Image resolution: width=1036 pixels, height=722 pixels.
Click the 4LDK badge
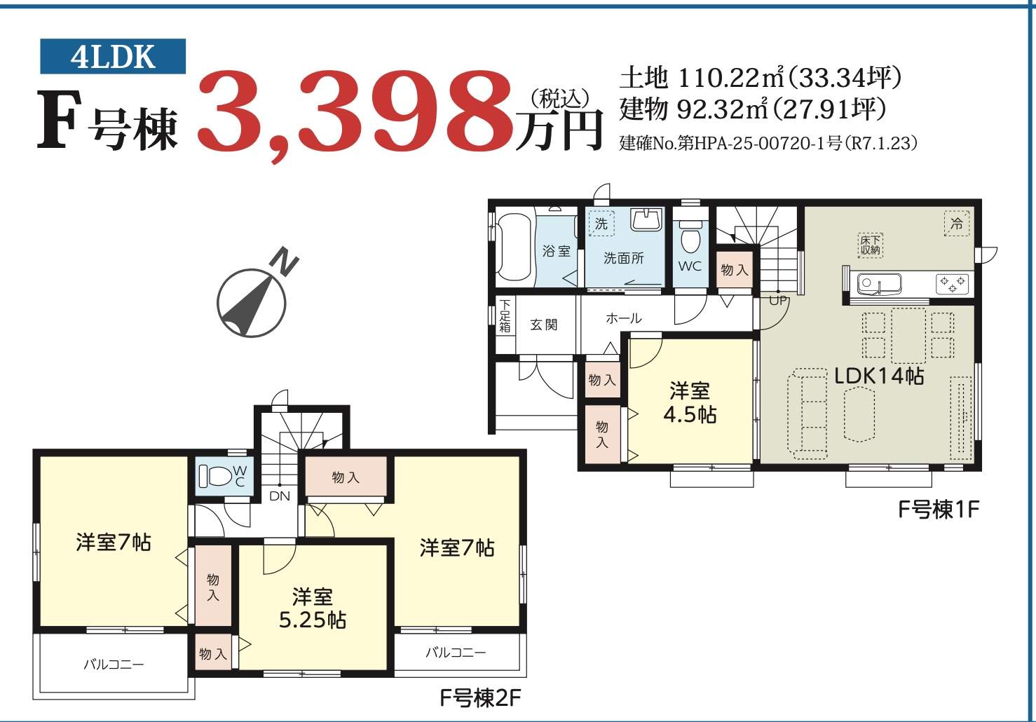[x=113, y=56]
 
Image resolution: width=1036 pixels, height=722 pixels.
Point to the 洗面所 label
[x=623, y=258]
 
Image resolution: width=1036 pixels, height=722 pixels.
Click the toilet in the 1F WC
[x=690, y=236]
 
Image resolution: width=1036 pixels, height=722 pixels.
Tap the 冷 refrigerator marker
[x=957, y=224]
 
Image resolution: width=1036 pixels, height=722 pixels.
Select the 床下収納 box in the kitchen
[x=870, y=245]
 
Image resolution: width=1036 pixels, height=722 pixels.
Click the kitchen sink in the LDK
[x=879, y=283]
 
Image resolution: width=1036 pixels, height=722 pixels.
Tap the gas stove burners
[x=952, y=284]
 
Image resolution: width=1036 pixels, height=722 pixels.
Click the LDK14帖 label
[x=879, y=376]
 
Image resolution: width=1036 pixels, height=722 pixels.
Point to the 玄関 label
[x=544, y=325]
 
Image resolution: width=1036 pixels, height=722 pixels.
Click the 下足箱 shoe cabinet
[x=505, y=316]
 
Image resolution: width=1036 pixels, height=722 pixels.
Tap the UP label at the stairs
[x=777, y=301]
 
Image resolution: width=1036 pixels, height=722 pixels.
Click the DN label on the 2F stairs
[x=280, y=496]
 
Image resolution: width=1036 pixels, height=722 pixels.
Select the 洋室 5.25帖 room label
[x=312, y=608]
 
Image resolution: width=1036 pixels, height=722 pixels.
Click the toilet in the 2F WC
[x=215, y=476]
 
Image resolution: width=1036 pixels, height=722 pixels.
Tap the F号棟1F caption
[x=939, y=509]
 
